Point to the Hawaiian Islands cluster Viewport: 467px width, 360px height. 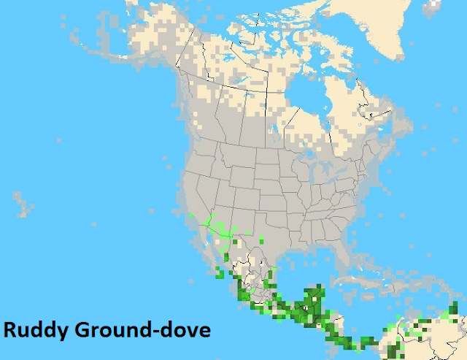coord(24,205)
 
